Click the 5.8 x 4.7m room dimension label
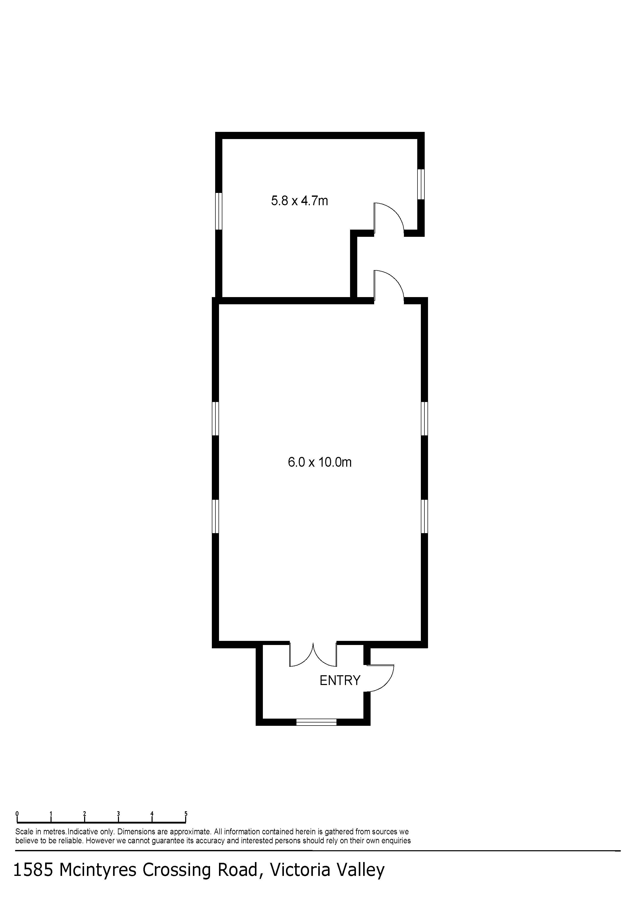tap(299, 201)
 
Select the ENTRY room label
tap(340, 680)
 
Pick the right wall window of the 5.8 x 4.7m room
tap(421, 184)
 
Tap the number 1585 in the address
tap(33, 870)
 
